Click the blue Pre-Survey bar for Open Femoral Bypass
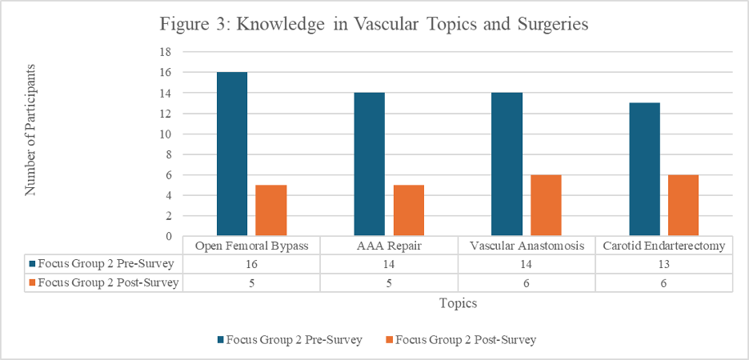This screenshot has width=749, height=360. (232, 154)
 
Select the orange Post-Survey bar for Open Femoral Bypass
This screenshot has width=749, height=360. (271, 210)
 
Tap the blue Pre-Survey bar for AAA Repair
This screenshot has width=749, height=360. (370, 164)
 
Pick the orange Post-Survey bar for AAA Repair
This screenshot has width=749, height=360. (409, 210)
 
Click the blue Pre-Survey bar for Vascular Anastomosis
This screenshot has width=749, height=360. (507, 164)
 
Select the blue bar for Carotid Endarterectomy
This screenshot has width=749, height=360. (645, 169)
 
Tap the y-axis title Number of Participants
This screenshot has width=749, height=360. (32, 130)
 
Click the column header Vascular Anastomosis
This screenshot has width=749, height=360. (526, 246)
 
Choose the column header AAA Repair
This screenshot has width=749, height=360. (389, 246)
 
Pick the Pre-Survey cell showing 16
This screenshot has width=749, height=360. (251, 264)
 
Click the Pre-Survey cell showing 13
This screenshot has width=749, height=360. (663, 264)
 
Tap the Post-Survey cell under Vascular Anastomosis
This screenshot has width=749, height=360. (526, 282)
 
